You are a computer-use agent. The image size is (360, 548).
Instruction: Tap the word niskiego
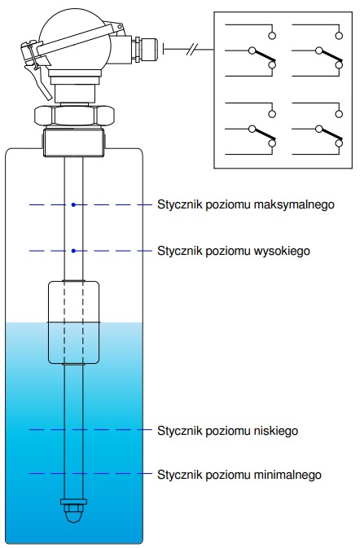point(276,431)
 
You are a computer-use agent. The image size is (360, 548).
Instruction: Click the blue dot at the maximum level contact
point(73,205)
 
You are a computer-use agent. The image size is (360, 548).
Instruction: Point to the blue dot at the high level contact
point(73,251)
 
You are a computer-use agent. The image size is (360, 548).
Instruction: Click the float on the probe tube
point(74,322)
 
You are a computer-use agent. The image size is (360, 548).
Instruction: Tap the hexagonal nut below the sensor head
point(74,116)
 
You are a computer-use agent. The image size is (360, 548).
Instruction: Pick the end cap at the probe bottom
point(74,511)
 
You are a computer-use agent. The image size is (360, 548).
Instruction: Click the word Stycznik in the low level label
point(179,431)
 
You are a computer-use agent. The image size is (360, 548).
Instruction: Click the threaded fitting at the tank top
point(74,142)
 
